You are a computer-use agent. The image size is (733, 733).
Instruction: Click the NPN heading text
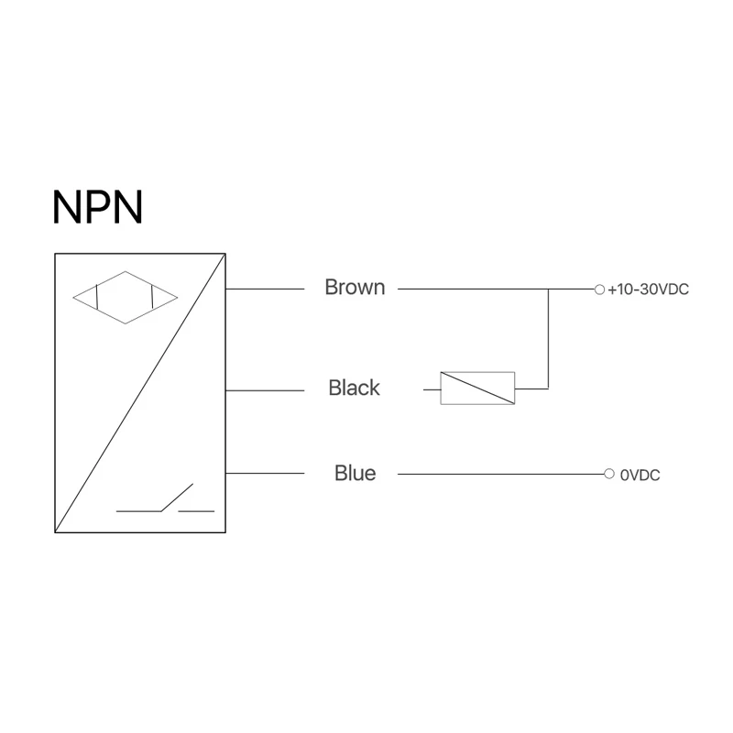click(97, 207)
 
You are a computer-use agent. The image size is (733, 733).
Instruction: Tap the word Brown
click(355, 287)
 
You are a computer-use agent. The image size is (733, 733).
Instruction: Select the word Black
click(354, 388)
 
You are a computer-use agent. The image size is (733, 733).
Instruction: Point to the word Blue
click(355, 473)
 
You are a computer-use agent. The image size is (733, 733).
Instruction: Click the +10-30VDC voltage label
click(648, 290)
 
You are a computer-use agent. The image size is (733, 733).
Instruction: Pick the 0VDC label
click(640, 475)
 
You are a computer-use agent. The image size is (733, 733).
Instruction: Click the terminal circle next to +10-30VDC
click(599, 290)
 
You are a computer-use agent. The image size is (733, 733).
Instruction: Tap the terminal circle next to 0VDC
click(608, 474)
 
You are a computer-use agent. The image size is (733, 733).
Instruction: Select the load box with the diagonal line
click(477, 388)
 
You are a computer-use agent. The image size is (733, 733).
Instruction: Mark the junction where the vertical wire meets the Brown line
click(548, 290)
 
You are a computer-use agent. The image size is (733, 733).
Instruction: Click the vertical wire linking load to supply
click(548, 339)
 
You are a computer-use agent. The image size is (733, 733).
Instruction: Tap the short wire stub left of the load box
click(432, 389)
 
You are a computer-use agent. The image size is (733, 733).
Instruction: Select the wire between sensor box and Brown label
click(265, 289)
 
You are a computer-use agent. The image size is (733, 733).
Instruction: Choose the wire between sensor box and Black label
click(265, 390)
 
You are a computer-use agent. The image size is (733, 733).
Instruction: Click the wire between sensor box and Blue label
click(265, 473)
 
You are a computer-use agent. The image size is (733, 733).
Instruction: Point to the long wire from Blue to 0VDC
click(500, 474)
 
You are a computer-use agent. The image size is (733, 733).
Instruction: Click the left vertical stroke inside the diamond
click(96, 297)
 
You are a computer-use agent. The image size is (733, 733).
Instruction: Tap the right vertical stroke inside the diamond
click(152, 297)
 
